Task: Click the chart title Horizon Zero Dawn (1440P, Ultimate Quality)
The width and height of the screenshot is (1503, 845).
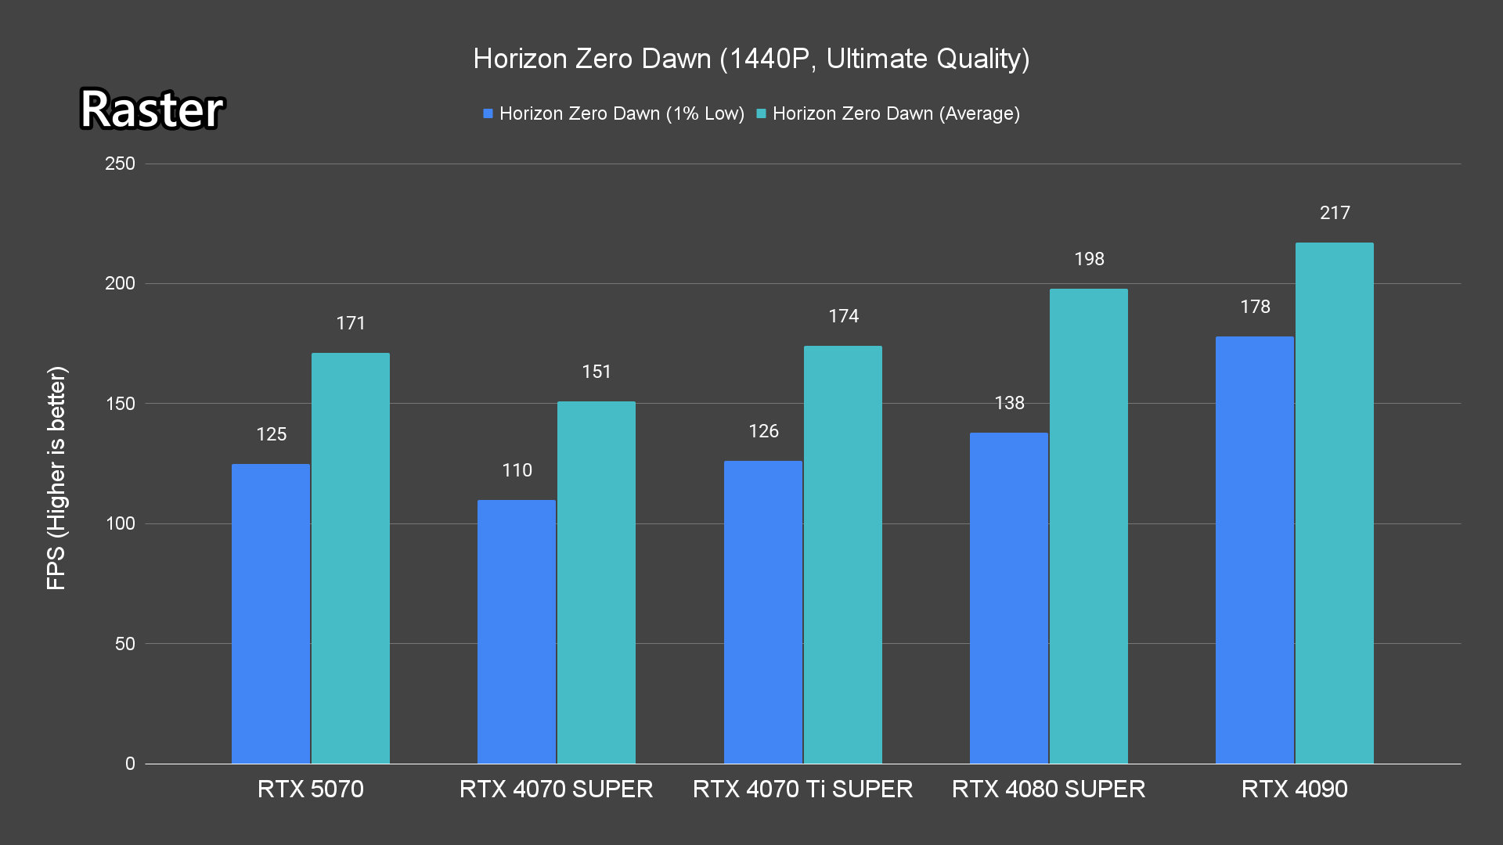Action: pos(751,59)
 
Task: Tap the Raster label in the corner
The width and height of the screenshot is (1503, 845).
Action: pos(152,109)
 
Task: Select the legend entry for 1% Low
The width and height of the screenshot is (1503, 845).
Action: pos(614,113)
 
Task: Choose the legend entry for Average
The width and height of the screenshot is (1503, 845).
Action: pos(888,113)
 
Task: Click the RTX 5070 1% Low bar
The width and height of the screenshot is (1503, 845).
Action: pos(271,613)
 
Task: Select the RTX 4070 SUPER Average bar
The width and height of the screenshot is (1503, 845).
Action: pos(597,582)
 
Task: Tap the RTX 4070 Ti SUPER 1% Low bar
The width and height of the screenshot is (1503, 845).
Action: pos(763,612)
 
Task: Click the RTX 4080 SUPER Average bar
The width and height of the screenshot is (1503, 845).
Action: pos(1089,526)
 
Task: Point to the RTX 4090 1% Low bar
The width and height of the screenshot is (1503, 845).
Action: pos(1255,550)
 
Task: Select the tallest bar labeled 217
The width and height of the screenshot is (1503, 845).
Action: pos(1335,503)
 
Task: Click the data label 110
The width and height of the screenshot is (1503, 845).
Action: pos(517,470)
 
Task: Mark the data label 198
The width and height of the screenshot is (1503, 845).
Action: pos(1089,259)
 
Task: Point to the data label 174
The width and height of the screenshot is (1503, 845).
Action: pos(843,316)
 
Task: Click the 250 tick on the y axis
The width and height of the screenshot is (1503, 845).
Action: pos(120,164)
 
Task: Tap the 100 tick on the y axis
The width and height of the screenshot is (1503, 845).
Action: pos(120,523)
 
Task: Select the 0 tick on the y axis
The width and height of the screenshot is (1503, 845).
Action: pos(130,764)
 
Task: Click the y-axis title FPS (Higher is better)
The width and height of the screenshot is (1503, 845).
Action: pos(56,477)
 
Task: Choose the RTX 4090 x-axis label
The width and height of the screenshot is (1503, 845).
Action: pos(1295,789)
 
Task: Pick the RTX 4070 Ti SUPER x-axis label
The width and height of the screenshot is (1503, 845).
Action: pos(802,789)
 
